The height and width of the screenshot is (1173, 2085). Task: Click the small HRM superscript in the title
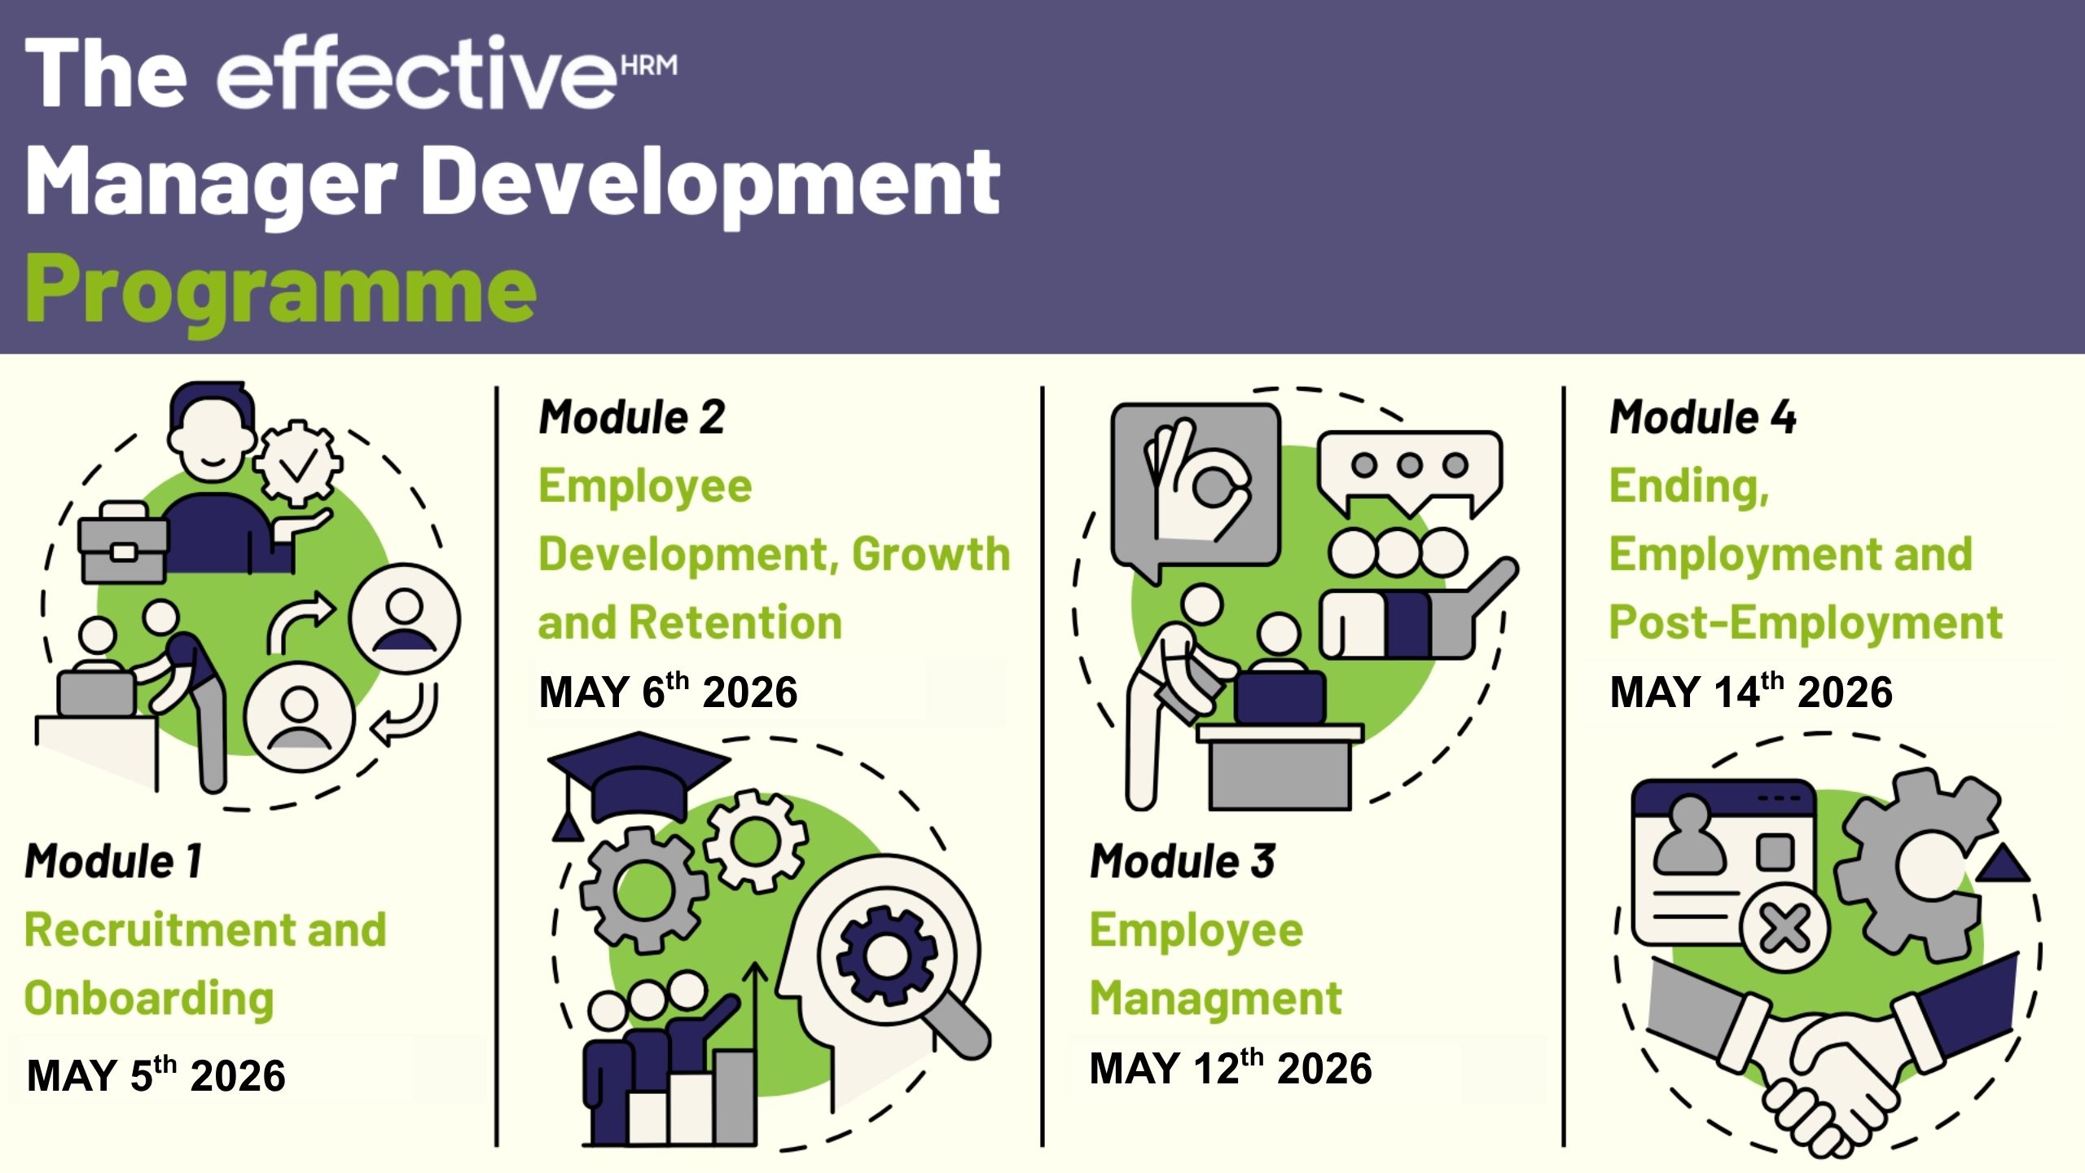(649, 64)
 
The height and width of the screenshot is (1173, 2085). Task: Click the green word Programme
(281, 291)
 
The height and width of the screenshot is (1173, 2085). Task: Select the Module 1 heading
(113, 861)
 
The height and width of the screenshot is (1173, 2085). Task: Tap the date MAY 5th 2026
(156, 1074)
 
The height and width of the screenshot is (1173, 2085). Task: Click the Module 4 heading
(1703, 417)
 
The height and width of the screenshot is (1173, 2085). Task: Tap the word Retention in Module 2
(735, 623)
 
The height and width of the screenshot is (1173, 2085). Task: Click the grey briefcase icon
(123, 542)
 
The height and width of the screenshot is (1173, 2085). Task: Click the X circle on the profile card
(1784, 928)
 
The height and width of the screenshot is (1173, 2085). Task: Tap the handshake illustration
(1833, 1051)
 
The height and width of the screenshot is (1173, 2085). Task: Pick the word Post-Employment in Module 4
(1806, 623)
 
